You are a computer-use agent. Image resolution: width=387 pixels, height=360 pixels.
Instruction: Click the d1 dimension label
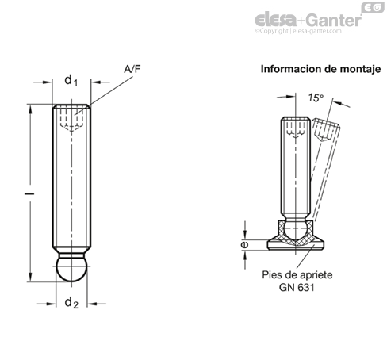point(71,80)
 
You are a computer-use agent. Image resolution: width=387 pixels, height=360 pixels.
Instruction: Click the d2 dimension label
point(71,303)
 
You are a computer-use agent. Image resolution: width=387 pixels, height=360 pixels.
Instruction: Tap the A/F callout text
point(132,69)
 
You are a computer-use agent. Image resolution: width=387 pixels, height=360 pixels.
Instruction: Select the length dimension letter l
point(29,194)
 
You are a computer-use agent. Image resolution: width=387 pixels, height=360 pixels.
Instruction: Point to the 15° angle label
point(316,98)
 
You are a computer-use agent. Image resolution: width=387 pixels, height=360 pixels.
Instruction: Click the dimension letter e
point(245,244)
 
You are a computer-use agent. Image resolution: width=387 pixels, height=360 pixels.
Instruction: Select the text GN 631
point(297,288)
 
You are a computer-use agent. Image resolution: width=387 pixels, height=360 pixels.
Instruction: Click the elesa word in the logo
point(275,20)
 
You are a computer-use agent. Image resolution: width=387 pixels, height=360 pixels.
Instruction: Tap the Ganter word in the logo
point(335,20)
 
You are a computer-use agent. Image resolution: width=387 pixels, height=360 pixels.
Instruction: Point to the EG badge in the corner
point(373,8)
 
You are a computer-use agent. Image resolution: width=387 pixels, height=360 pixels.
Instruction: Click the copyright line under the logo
point(298,31)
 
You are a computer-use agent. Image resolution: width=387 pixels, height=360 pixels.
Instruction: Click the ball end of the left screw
point(71,269)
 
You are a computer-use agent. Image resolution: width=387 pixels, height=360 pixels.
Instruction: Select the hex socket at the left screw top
point(71,120)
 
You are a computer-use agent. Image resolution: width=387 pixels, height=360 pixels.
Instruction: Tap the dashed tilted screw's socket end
point(326,130)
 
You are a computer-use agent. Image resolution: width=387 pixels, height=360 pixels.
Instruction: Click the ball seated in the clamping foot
point(296,232)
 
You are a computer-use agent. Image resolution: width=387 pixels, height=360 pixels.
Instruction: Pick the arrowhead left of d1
point(48,82)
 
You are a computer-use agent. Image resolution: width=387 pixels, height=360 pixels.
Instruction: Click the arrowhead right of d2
point(92,304)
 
